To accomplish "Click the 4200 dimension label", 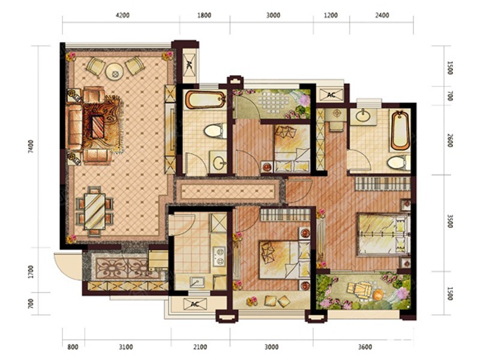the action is [x=122, y=16].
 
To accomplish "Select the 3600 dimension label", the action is [x=365, y=347].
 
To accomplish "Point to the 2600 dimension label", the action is [x=449, y=140].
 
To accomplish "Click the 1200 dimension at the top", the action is [x=331, y=16].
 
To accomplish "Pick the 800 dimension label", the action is [x=73, y=347].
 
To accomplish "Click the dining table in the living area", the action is [x=95, y=211].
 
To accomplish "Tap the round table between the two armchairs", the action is [x=115, y=71].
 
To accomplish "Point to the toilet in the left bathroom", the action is [x=215, y=131].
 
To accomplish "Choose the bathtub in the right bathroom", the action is [x=400, y=130].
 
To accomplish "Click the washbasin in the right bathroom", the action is [x=363, y=116].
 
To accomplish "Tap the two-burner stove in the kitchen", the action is [x=220, y=256].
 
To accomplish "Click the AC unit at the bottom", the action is [x=195, y=304].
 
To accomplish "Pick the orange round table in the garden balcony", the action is [x=378, y=296].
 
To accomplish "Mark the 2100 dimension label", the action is [x=200, y=347].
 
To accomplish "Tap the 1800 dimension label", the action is [x=204, y=16].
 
